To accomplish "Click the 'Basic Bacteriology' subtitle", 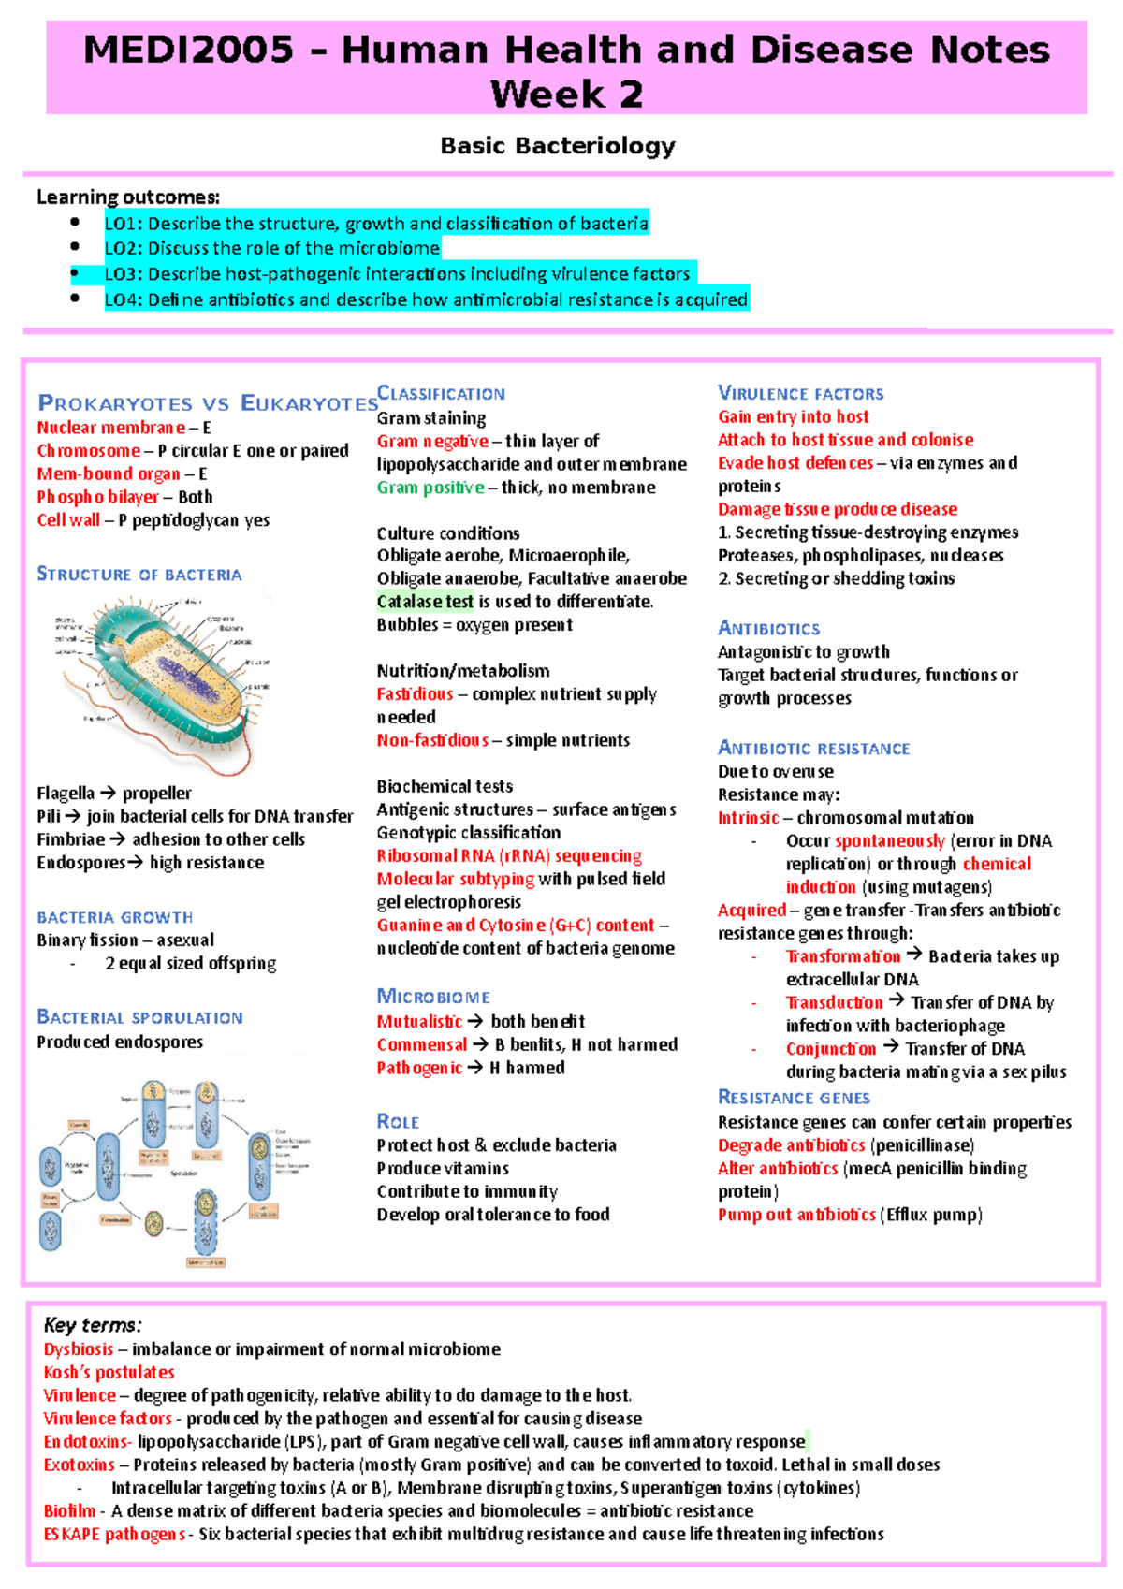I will coord(558,146).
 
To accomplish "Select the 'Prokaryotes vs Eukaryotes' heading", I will coord(207,403).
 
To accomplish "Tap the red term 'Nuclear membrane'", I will coord(110,428).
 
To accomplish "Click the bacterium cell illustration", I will coord(164,678).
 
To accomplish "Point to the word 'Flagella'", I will coord(66,794).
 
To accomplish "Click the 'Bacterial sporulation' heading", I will coord(139,1017).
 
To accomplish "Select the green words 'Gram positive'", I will coord(430,488).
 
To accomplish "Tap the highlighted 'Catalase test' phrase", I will coord(425,602).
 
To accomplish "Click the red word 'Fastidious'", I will coord(415,694).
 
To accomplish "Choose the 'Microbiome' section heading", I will coord(433,997).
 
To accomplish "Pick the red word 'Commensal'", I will coord(421,1044).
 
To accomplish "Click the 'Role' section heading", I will coord(398,1121).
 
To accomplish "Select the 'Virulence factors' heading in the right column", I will coord(800,393).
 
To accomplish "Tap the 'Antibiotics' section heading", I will coord(768,628).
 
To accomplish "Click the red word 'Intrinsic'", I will coord(748,818).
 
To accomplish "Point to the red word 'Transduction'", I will coord(834,1003).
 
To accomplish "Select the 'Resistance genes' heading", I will coord(794,1098).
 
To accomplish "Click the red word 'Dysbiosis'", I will coord(79,1349).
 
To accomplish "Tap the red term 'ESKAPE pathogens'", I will coord(114,1535).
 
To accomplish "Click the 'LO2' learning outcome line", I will coord(271,248).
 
